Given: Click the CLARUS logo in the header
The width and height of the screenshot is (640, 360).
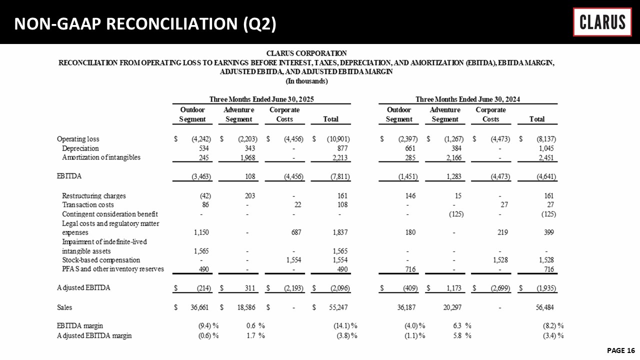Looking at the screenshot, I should tap(602, 22).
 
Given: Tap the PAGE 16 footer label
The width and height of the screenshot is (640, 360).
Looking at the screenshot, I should tap(620, 350).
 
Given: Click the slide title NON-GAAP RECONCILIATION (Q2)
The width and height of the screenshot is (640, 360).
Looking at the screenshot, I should tap(145, 23).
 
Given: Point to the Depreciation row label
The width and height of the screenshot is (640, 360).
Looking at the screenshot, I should tap(80, 148).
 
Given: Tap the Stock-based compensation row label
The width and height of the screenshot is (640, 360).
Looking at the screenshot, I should tap(101, 260).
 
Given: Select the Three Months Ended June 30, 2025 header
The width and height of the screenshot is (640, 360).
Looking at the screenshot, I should tap(261, 99).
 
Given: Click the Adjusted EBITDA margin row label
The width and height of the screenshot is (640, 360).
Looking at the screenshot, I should tap(94, 335).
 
